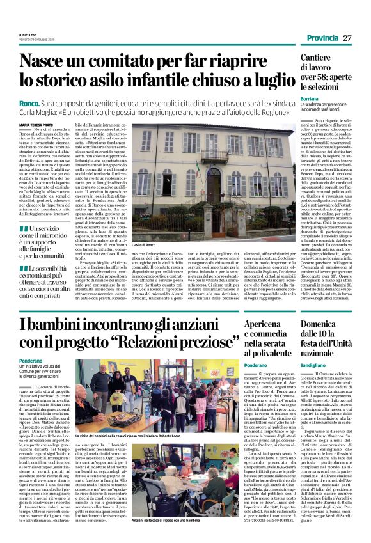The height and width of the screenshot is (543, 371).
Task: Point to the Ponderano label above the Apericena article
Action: coord(239,365)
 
